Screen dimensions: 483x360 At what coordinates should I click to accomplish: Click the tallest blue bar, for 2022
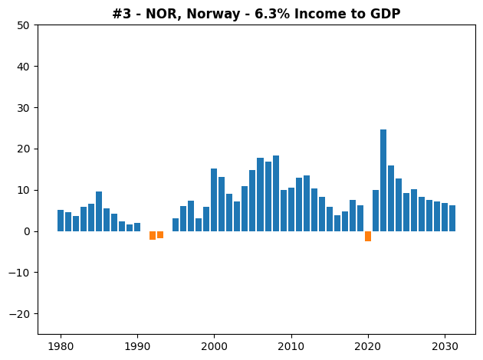383,180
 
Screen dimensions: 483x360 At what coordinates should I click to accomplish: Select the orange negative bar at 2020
368,237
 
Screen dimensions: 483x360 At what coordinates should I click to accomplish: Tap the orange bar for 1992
153,235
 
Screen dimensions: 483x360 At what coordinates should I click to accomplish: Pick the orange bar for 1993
160,235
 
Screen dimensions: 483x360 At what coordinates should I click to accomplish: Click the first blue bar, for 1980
61,221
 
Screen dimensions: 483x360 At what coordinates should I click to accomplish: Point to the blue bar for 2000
214,200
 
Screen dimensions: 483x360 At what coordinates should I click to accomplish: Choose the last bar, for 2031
452,218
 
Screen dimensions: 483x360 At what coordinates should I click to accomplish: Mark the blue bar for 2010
291,210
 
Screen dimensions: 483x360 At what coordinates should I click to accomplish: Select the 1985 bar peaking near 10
99,211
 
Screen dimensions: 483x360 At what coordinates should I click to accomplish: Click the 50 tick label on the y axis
23,25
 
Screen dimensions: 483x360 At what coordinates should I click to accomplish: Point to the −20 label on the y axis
19,314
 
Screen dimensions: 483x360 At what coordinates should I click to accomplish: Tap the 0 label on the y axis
27,231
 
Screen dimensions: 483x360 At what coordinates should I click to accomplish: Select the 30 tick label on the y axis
23,108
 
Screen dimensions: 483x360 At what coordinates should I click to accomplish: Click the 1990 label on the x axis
137,346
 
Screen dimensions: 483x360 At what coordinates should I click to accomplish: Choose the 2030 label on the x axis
445,346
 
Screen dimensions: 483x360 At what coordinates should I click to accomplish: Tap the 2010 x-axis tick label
291,346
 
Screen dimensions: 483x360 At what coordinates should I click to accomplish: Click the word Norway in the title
213,14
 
